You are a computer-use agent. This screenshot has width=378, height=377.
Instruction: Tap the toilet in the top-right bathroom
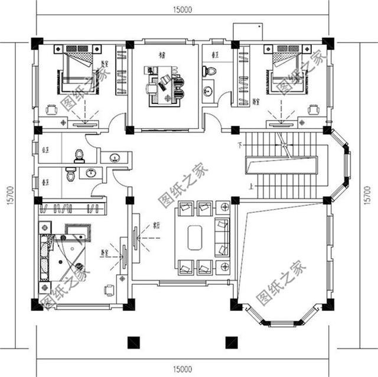point(208,71)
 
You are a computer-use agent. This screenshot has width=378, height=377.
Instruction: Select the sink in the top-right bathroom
point(208,91)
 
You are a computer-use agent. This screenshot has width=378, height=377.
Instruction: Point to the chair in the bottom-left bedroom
point(109,290)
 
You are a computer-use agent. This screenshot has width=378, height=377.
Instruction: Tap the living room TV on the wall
point(135,239)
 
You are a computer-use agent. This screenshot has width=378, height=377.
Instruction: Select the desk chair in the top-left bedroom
point(52,109)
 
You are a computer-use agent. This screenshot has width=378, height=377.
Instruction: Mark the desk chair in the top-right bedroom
point(313,109)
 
